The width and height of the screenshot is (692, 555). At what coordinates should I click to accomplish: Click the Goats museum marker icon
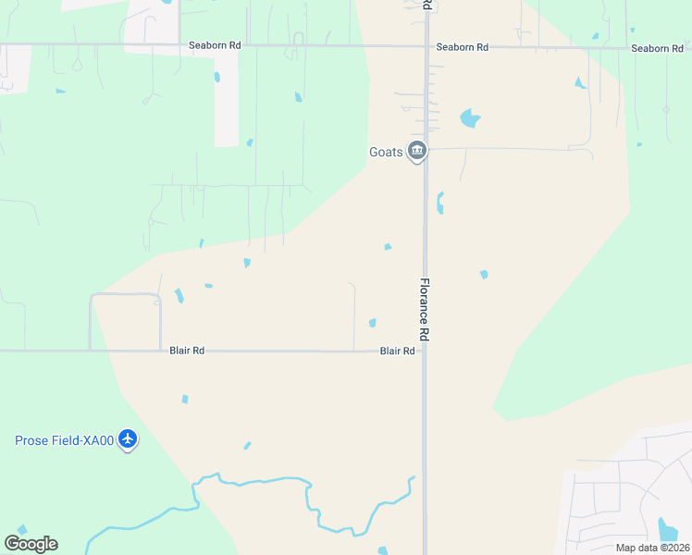click(x=417, y=151)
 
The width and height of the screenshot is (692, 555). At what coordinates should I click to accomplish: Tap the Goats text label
click(x=387, y=152)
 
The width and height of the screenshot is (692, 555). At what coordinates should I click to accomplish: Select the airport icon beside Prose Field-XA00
click(x=128, y=440)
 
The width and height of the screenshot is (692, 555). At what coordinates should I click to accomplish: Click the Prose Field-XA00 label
click(x=64, y=440)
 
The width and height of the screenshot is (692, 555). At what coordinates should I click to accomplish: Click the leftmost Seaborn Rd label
click(x=215, y=45)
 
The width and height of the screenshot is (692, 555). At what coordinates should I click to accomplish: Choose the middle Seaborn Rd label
click(x=462, y=46)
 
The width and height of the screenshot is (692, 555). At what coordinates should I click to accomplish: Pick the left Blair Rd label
click(x=186, y=351)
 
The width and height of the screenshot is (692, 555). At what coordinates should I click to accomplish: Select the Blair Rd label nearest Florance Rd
click(x=397, y=351)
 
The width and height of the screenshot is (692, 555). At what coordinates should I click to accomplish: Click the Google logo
click(x=31, y=544)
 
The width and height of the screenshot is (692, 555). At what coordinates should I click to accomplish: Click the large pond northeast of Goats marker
click(x=470, y=118)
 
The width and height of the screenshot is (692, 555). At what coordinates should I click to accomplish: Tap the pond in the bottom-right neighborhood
click(x=667, y=530)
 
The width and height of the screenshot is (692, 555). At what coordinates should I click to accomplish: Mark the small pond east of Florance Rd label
click(x=483, y=275)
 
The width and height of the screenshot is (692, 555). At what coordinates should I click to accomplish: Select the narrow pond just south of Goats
click(x=440, y=202)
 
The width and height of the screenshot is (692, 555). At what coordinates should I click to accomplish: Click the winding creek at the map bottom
click(x=278, y=481)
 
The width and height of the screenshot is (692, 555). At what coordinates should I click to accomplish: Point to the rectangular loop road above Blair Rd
click(x=125, y=296)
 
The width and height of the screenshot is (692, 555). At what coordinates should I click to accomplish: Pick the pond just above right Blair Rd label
click(x=372, y=323)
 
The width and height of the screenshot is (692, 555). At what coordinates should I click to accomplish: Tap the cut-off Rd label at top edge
click(x=426, y=6)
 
